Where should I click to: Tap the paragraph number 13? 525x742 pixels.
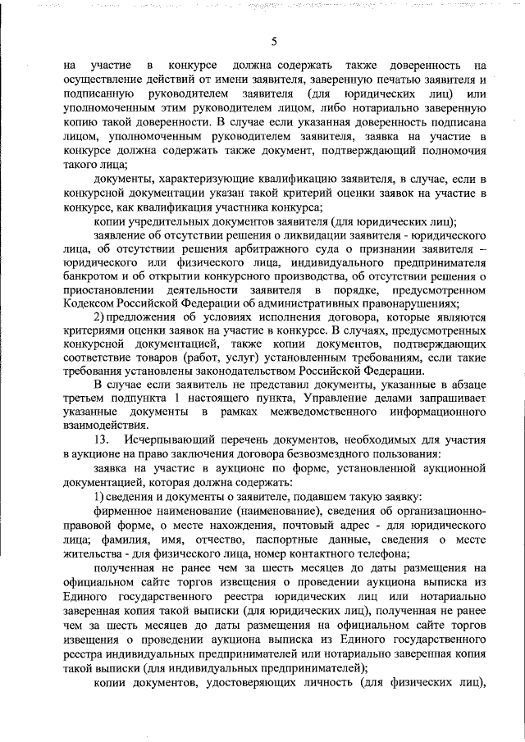click(x=102, y=440)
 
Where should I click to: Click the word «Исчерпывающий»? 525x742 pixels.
click(x=171, y=440)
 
